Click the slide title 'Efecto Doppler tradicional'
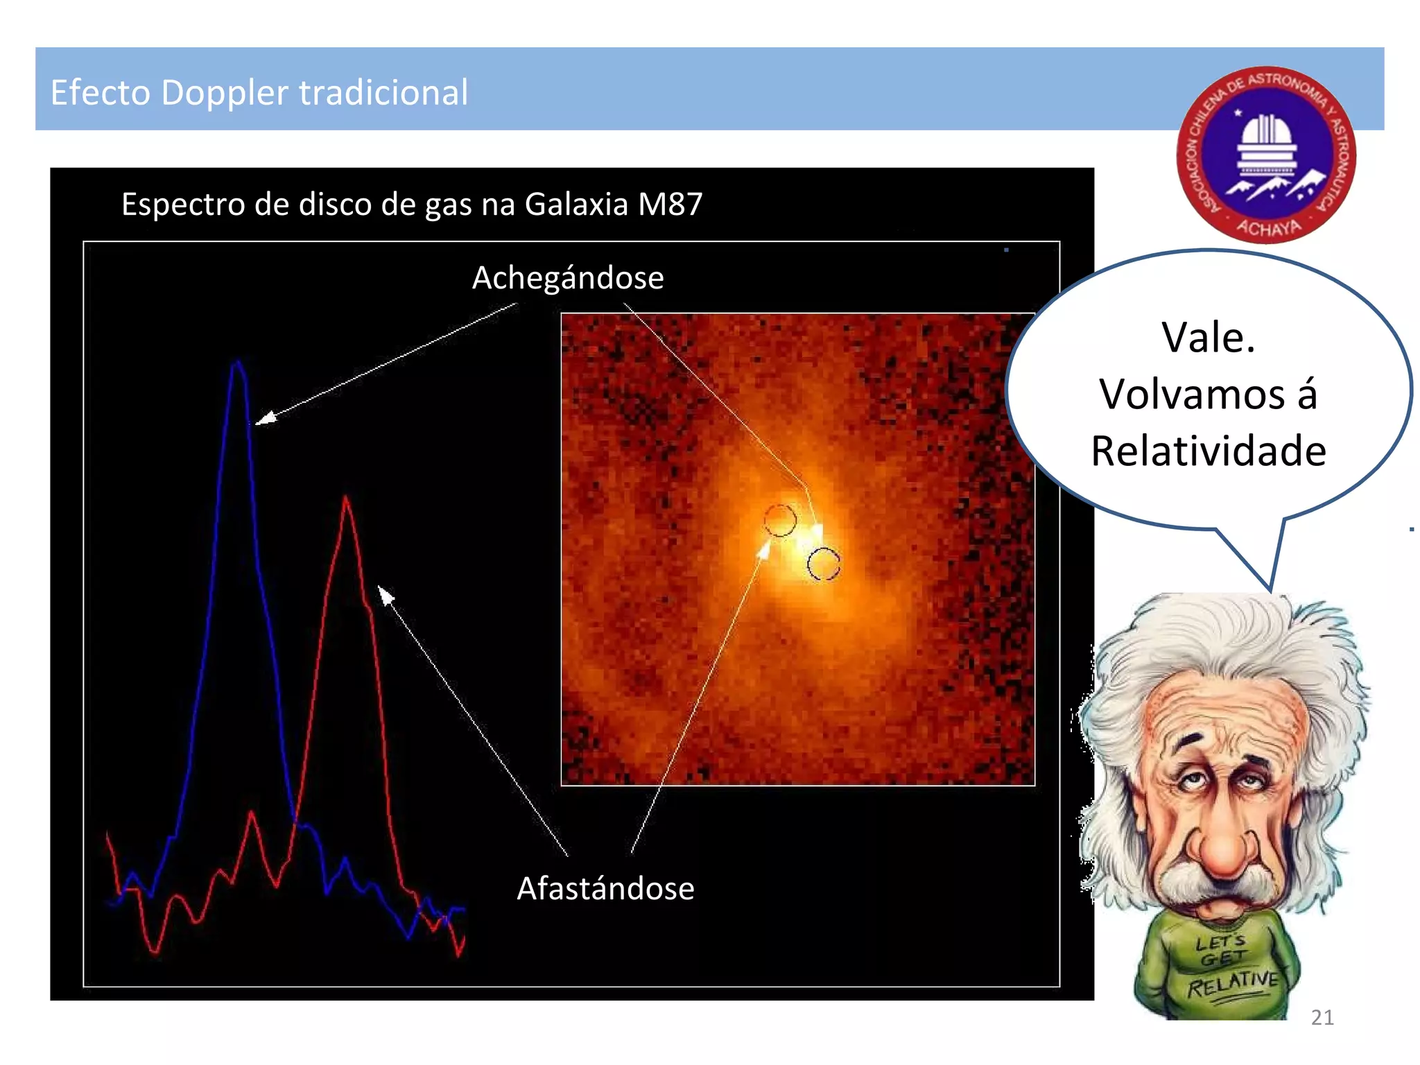[x=259, y=92]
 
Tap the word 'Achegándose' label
[x=568, y=278]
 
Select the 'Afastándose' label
[x=605, y=888]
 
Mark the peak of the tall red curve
[x=345, y=496]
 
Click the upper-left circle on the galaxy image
[x=780, y=520]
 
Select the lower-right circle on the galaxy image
[x=824, y=564]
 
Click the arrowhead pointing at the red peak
[x=385, y=594]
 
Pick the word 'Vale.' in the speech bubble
[x=1209, y=338]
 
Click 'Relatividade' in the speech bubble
[x=1209, y=451]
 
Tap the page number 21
[x=1322, y=1017]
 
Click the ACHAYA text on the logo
[x=1269, y=227]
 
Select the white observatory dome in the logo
[x=1267, y=135]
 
